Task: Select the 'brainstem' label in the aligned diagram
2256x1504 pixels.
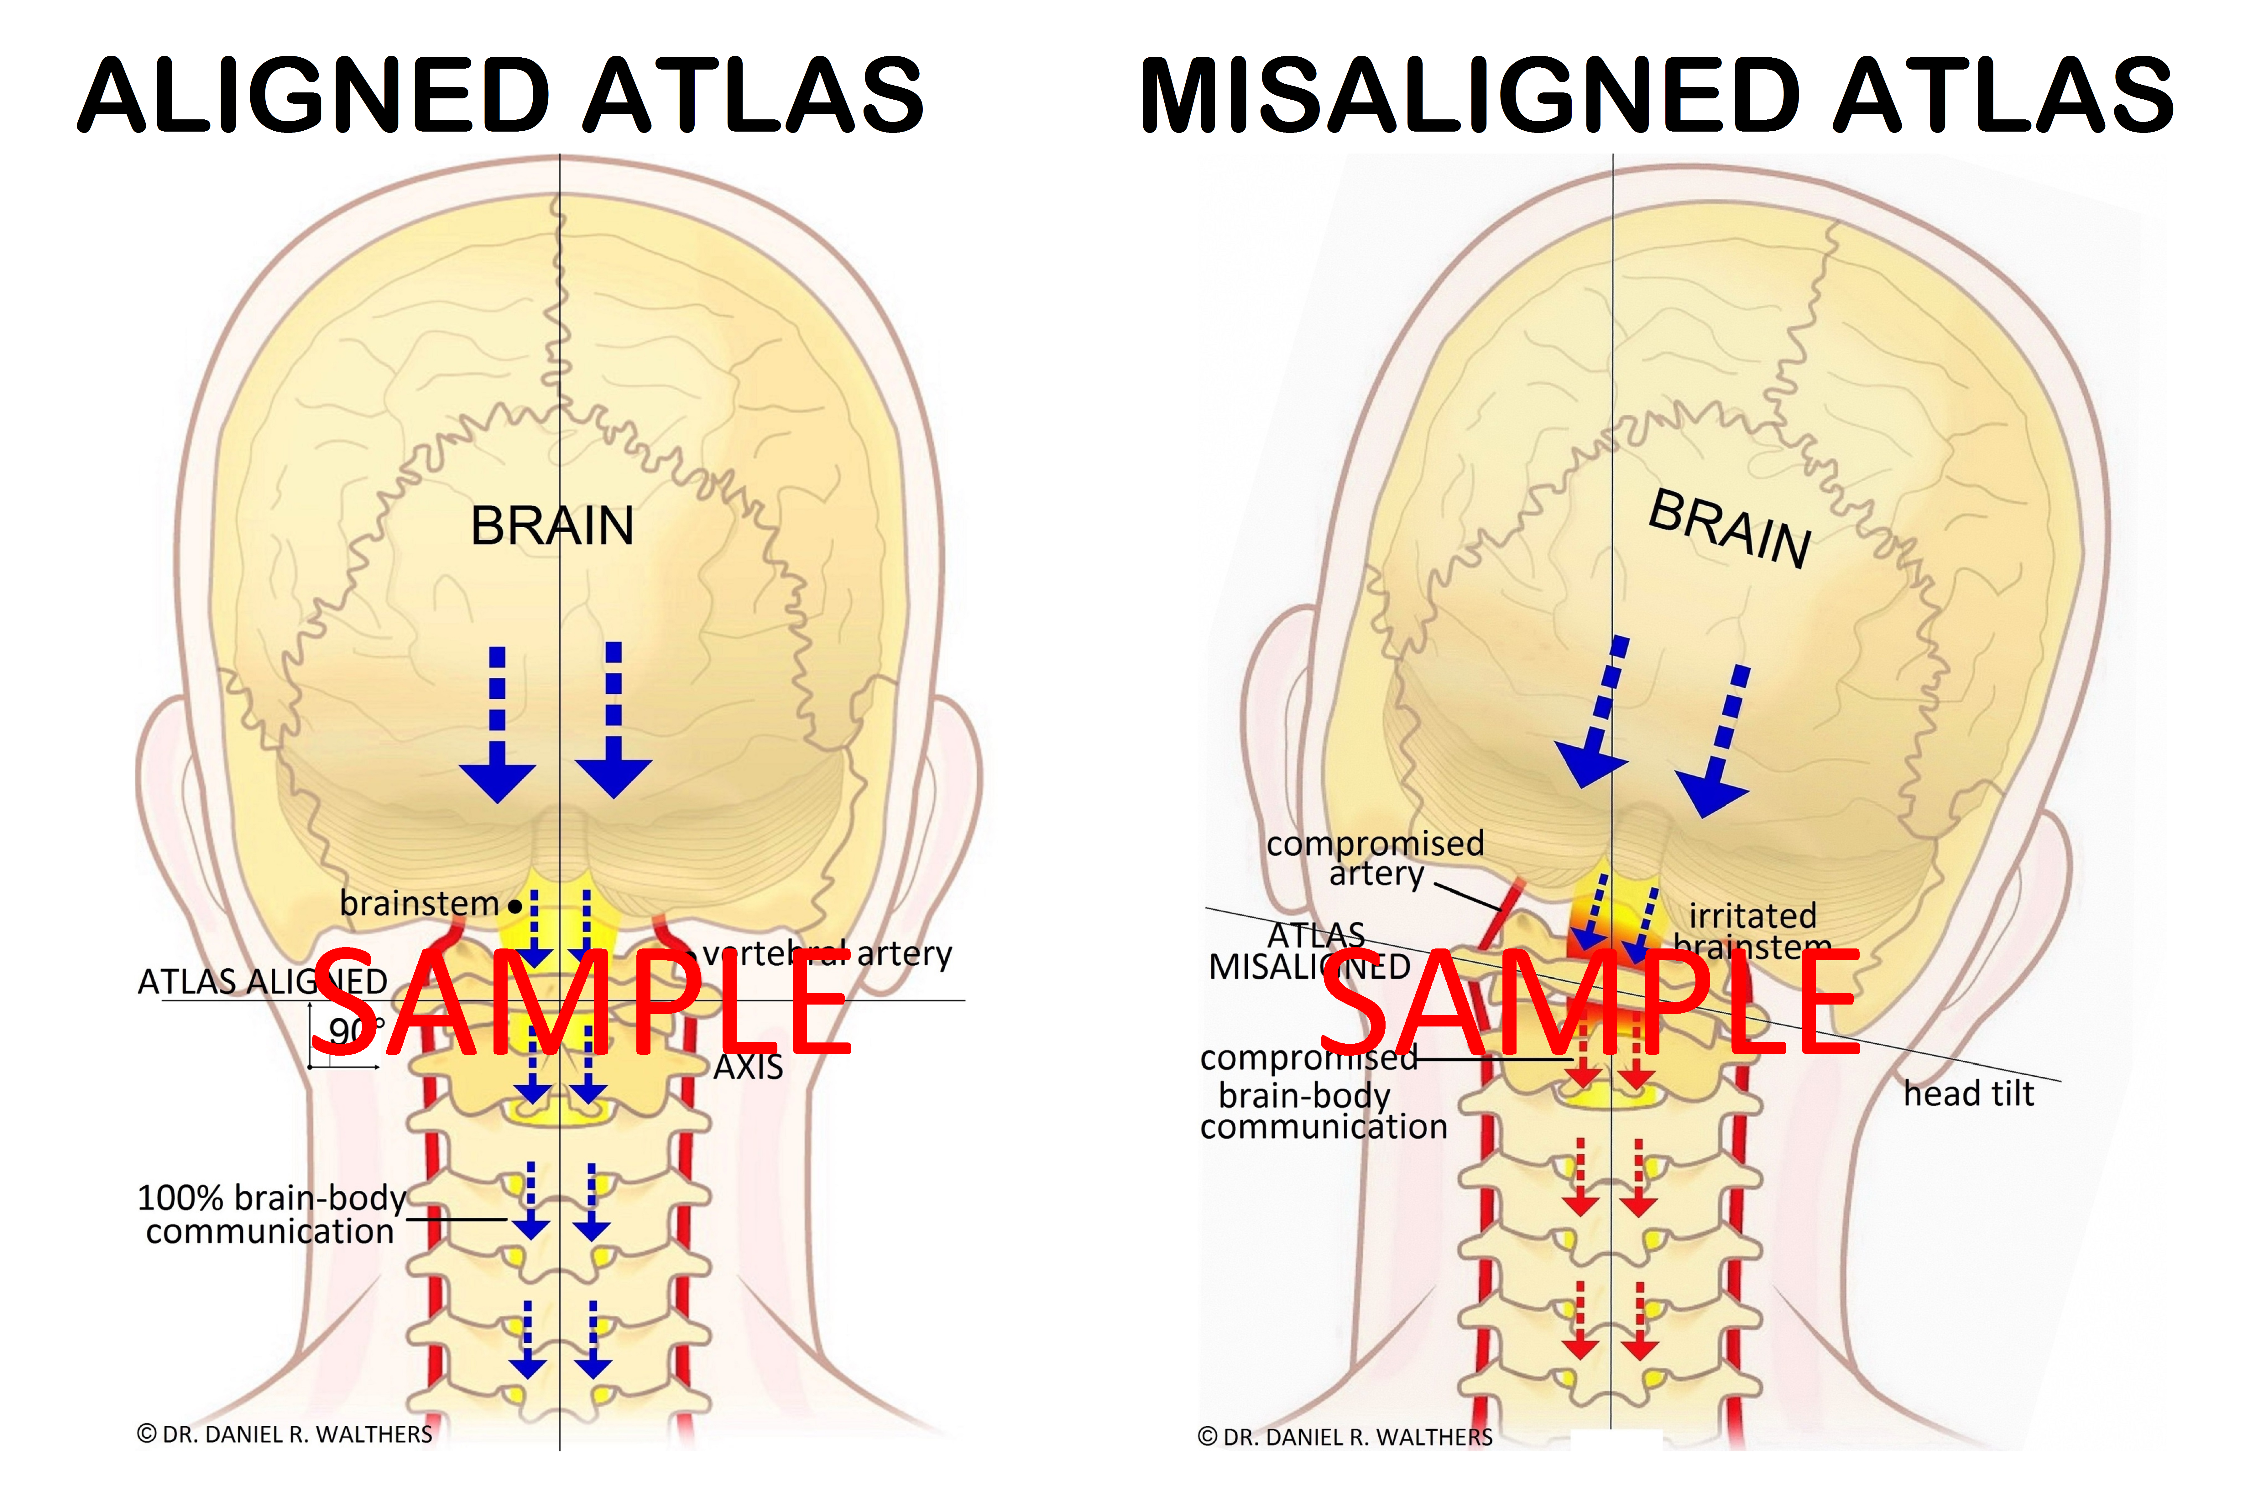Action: [x=419, y=904]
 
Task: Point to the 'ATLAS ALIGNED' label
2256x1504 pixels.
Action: [x=262, y=981]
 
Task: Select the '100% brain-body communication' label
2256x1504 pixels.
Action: [x=270, y=1213]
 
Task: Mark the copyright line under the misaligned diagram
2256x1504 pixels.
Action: [x=1345, y=1437]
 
